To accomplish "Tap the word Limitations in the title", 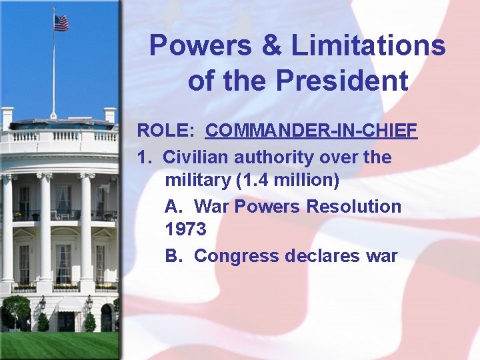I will pos(368,46).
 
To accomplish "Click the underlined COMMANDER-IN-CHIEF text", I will pos(311,130).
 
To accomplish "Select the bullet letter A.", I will pos(173,206).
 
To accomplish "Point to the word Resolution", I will pos(353,206).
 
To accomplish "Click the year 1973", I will pos(185,229).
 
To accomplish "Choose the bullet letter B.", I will pos(173,255).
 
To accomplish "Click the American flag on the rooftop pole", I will pos(61,23).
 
